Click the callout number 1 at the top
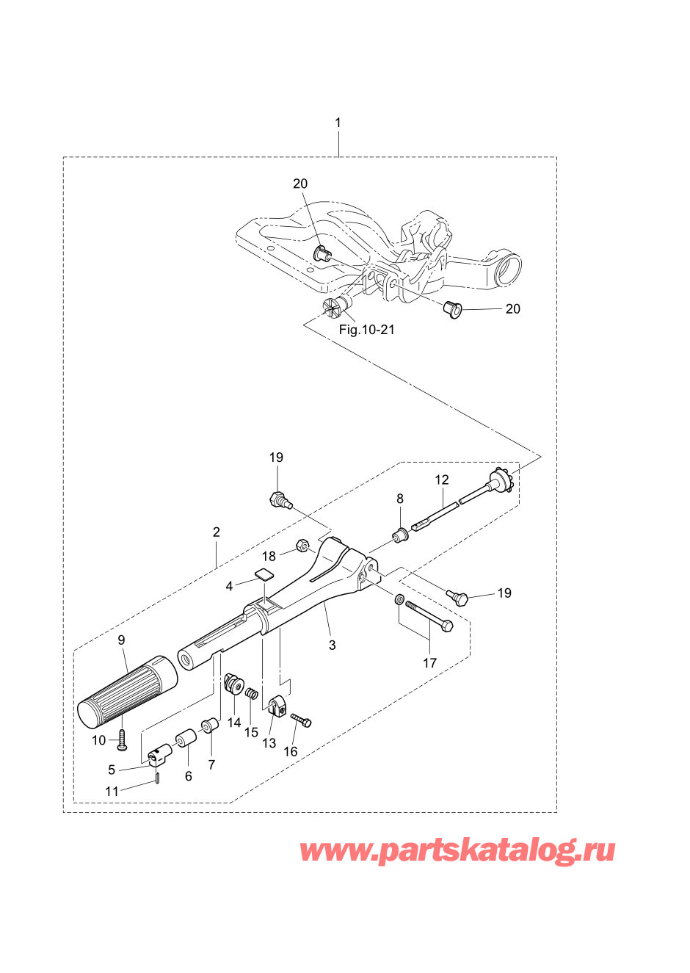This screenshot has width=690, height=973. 338,123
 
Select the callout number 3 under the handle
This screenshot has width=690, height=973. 333,645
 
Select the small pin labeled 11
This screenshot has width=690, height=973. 157,775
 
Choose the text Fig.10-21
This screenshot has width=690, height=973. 366,330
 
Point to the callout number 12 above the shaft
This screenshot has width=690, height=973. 442,480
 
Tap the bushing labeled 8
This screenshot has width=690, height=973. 399,535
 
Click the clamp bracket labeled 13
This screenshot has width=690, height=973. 276,703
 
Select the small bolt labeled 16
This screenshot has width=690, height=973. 302,720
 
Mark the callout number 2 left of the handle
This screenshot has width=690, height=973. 217,532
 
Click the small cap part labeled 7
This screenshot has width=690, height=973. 208,725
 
